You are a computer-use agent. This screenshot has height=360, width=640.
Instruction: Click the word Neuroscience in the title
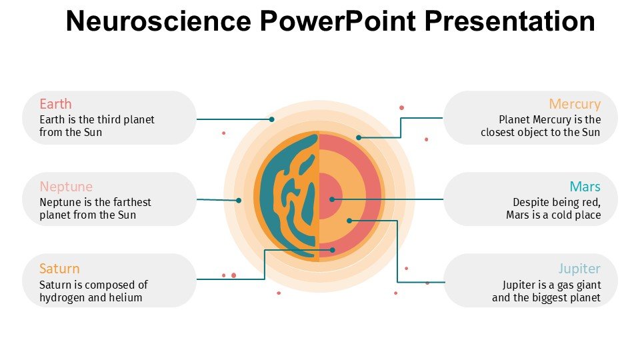point(159,21)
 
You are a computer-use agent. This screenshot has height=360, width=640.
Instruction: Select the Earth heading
point(55,104)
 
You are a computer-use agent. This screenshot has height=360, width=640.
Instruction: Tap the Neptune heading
point(66,187)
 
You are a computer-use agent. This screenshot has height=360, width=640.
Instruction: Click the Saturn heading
point(59,269)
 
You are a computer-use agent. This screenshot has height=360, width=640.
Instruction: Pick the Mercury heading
point(575,104)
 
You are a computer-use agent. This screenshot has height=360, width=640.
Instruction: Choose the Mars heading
point(585,187)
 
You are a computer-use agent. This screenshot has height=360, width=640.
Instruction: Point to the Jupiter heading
point(579,269)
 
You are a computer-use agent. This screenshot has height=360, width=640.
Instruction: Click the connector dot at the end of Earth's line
point(272,119)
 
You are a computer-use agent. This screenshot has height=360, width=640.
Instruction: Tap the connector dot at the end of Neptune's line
point(239,200)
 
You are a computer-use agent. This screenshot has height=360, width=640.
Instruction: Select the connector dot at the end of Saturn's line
point(333,250)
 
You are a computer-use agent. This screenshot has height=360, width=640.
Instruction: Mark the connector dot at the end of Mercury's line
point(359,137)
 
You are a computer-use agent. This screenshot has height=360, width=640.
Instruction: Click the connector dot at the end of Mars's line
point(332,199)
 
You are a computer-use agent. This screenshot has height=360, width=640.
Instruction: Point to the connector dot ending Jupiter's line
point(349,221)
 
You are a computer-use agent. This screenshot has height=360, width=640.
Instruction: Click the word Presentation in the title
point(510,21)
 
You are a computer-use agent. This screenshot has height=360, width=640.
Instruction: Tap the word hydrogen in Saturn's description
point(65,298)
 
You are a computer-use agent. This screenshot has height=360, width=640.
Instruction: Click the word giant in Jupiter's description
point(586,285)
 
